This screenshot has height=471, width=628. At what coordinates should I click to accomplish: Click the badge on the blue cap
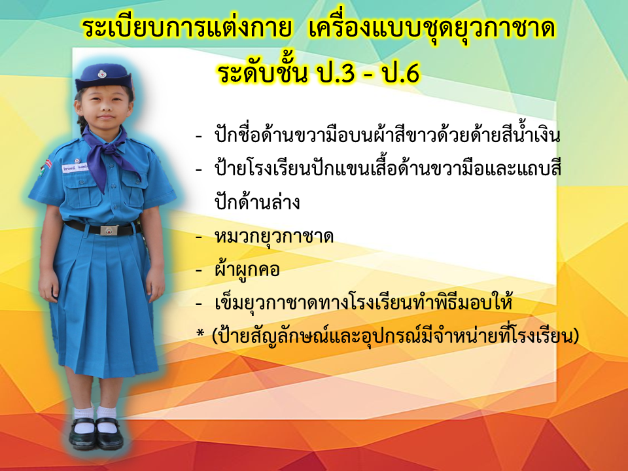(x=102, y=74)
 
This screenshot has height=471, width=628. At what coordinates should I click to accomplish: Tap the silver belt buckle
(x=109, y=230)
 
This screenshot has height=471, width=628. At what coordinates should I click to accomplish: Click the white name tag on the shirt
(x=75, y=167)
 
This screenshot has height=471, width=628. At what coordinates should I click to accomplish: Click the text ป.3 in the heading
(x=336, y=73)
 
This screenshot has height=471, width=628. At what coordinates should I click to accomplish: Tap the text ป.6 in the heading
(x=401, y=73)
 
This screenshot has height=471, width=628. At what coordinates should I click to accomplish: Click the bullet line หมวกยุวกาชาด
(x=274, y=236)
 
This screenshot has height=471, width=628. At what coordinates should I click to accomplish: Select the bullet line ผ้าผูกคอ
(x=247, y=269)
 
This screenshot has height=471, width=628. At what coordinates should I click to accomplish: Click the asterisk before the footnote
(x=200, y=333)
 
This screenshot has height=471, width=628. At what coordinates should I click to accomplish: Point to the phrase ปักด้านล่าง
(x=257, y=202)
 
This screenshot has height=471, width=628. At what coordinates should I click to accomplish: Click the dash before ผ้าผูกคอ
(x=199, y=270)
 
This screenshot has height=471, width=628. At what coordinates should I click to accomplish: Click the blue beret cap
(x=103, y=77)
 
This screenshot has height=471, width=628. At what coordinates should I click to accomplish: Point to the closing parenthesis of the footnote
(x=576, y=336)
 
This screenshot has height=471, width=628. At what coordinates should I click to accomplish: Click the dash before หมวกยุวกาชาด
(x=199, y=237)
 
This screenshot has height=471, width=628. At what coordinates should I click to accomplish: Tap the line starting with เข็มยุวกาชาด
(x=363, y=302)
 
